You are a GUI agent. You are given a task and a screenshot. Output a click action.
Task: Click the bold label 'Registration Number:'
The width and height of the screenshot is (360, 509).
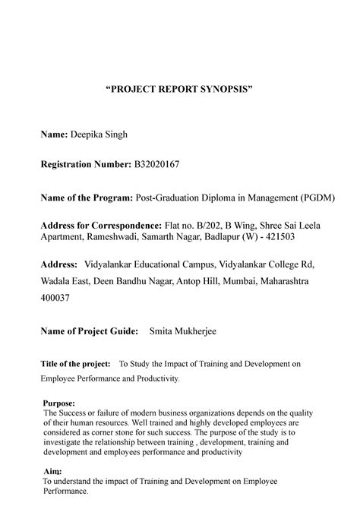[x=85, y=165]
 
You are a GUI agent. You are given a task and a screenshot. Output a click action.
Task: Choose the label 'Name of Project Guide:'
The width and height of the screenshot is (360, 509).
[x=90, y=331]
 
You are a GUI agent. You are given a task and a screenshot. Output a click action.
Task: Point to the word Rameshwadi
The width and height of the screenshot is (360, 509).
[x=116, y=236]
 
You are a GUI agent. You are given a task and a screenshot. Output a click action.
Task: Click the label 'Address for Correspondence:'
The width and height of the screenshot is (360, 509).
[x=101, y=226]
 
